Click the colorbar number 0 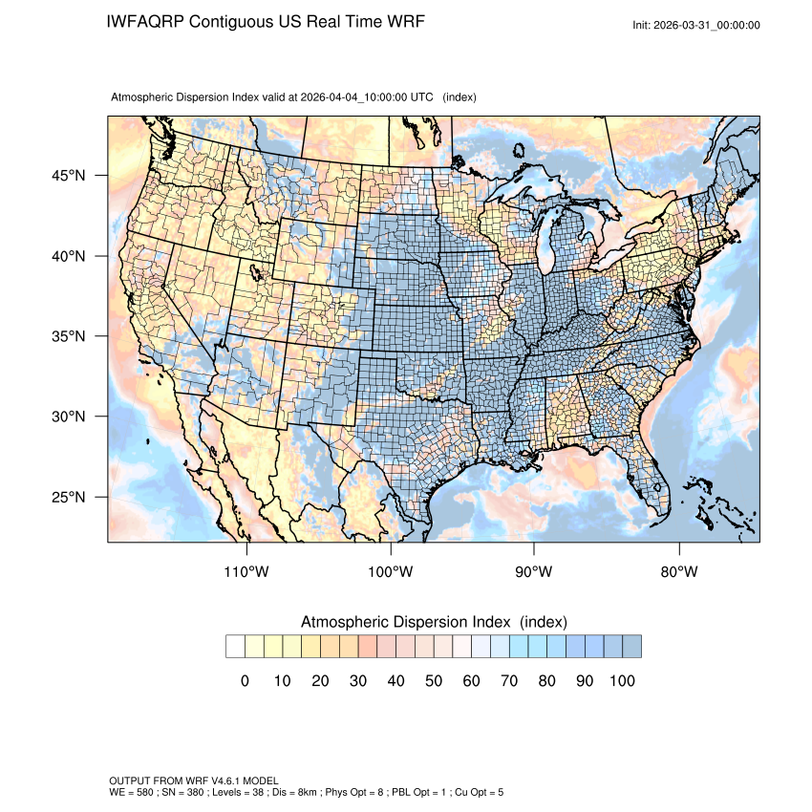click(245, 680)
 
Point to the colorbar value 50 click(434, 680)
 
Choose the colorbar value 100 click(621, 680)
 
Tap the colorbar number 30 click(358, 680)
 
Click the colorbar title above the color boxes click(434, 622)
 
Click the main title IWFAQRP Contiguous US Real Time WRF click(266, 21)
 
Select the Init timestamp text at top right click(696, 25)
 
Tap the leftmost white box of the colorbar click(235, 647)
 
